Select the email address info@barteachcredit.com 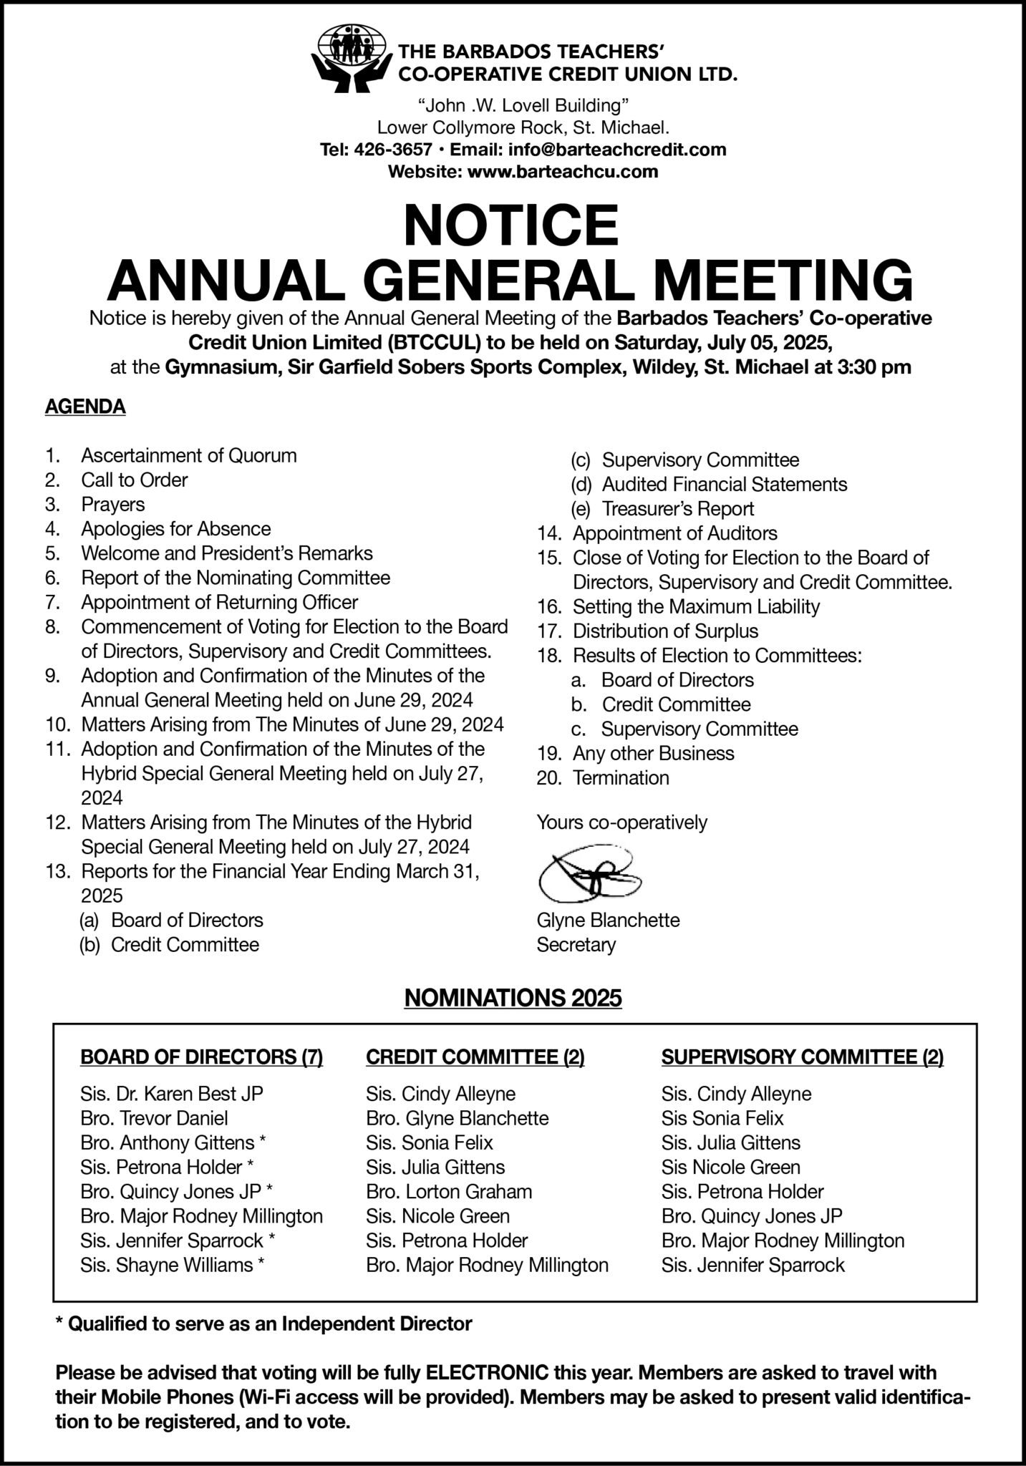(x=617, y=150)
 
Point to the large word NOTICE (x=510, y=225)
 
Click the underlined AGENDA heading (x=85, y=407)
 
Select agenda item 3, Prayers (x=112, y=505)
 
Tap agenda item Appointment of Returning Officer (x=219, y=602)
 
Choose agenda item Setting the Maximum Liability (x=695, y=607)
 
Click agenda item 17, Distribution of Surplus (x=665, y=631)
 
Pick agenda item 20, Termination (x=621, y=778)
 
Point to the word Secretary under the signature (x=576, y=945)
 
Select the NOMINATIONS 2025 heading (x=513, y=998)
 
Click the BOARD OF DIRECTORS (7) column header (x=201, y=1057)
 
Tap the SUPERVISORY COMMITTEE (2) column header (x=802, y=1057)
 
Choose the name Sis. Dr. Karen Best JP (x=172, y=1094)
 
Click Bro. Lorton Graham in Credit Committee (x=449, y=1192)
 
